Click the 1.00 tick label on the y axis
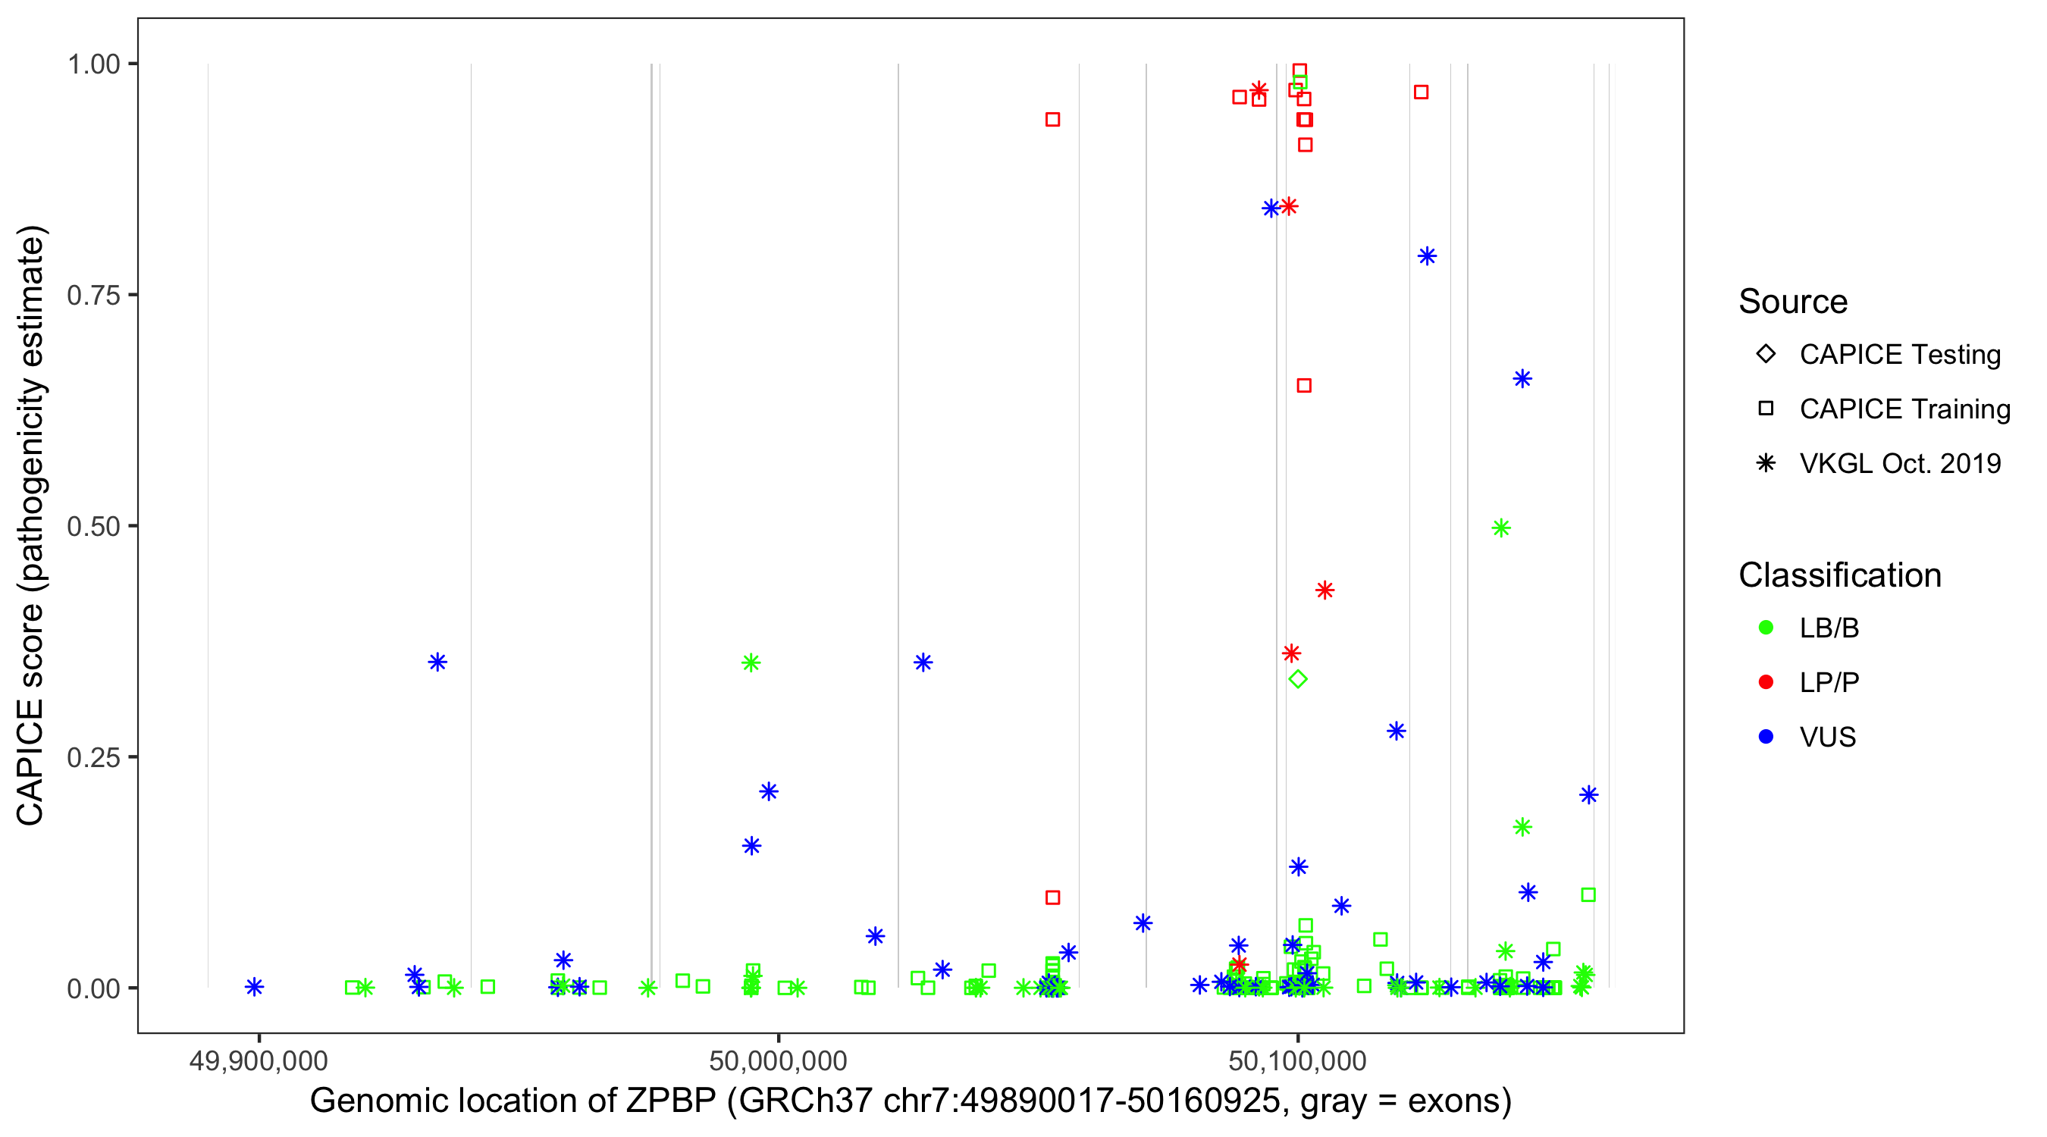tap(93, 64)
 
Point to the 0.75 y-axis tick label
tap(93, 295)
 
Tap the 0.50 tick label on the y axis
tap(93, 526)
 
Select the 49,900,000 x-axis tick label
tap(259, 1060)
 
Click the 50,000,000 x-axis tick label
tap(778, 1060)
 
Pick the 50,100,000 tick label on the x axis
tap(1298, 1060)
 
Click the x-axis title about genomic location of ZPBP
tap(911, 1101)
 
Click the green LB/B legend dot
tap(1766, 628)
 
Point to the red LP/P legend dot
tap(1766, 682)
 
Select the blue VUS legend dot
tap(1766, 737)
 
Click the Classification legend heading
tap(1839, 575)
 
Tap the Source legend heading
tap(1793, 302)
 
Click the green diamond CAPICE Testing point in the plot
tap(1299, 678)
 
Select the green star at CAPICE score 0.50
tap(1501, 528)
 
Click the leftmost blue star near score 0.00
tap(254, 987)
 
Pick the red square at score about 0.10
tap(1053, 897)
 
